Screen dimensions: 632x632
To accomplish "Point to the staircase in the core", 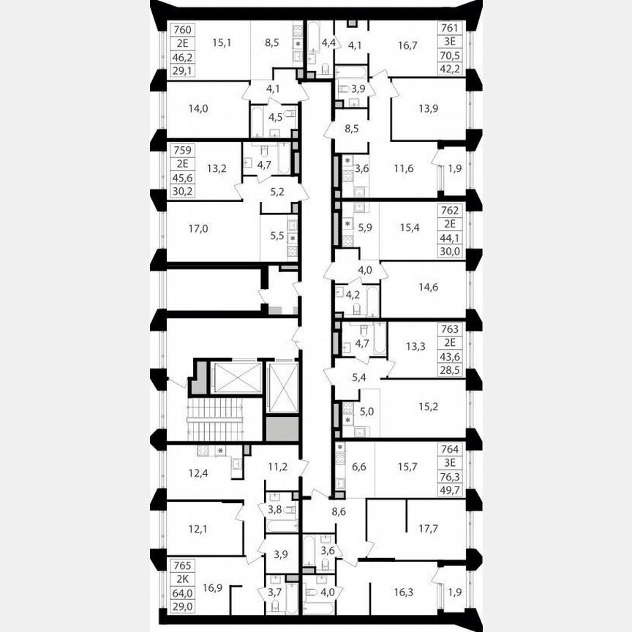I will click(x=214, y=420).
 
